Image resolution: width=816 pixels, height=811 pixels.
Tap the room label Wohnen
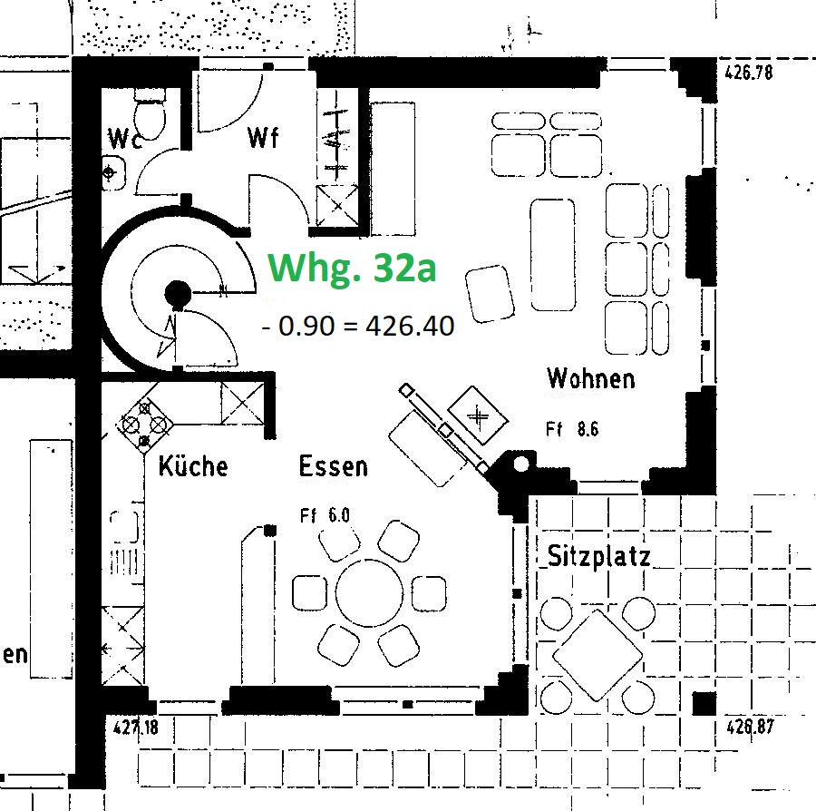590,377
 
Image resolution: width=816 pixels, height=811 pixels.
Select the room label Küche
193,466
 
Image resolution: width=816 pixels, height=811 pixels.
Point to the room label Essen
334,466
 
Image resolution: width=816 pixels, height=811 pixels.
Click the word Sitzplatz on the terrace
599,556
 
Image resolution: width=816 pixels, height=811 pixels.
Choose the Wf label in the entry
263,138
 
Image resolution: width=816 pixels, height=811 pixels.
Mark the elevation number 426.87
749,726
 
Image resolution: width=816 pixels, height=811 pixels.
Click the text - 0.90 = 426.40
358,326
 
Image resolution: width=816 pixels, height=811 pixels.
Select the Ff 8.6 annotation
572,430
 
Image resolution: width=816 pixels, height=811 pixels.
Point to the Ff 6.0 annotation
325,516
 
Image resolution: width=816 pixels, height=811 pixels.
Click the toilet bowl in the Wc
148,116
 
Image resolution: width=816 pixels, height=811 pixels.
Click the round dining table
369,592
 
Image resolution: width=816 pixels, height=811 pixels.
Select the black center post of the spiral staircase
177,293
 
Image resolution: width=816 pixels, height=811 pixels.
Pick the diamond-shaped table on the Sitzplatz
597,654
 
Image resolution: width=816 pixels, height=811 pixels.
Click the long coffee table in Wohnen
551,255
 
